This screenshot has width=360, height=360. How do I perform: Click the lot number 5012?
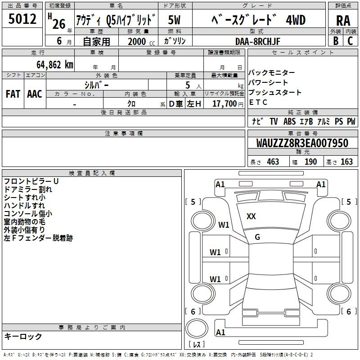click(x=22, y=19)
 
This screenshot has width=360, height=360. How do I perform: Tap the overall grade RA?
click(x=343, y=21)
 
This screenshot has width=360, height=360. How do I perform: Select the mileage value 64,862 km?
click(x=55, y=65)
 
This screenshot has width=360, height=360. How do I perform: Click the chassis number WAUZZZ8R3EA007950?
click(x=302, y=143)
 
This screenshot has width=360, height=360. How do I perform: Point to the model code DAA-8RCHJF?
click(x=258, y=41)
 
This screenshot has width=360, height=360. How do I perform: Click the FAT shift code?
click(x=13, y=94)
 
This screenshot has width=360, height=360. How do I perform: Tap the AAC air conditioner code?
click(x=35, y=94)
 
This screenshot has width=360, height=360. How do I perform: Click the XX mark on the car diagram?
click(x=251, y=216)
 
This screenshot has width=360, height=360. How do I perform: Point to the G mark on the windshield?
click(x=257, y=237)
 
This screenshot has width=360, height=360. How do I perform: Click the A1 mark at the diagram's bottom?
click(x=220, y=332)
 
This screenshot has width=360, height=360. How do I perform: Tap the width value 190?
click(x=310, y=162)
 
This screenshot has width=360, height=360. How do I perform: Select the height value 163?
click(x=346, y=162)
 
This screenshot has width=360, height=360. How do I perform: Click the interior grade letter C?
click(x=350, y=41)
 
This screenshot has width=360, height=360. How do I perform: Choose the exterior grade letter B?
click(x=336, y=41)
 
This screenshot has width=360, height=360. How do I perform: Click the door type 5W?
click(x=174, y=20)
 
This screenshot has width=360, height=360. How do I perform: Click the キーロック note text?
click(x=23, y=336)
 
